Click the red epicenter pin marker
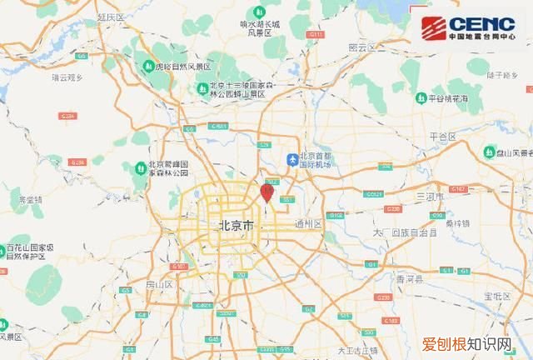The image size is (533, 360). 266,192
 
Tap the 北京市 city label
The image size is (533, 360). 236,226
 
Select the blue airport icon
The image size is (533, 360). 292,158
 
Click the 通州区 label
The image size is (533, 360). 307,224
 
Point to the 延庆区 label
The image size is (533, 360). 110,16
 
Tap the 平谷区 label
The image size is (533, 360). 441,136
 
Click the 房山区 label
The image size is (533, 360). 158,284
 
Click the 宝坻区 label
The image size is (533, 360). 496,296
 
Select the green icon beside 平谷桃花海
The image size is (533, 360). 421,98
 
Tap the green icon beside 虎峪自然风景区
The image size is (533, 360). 147,66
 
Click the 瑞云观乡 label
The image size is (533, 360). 67,77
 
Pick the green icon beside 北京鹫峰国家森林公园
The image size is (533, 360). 138,169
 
